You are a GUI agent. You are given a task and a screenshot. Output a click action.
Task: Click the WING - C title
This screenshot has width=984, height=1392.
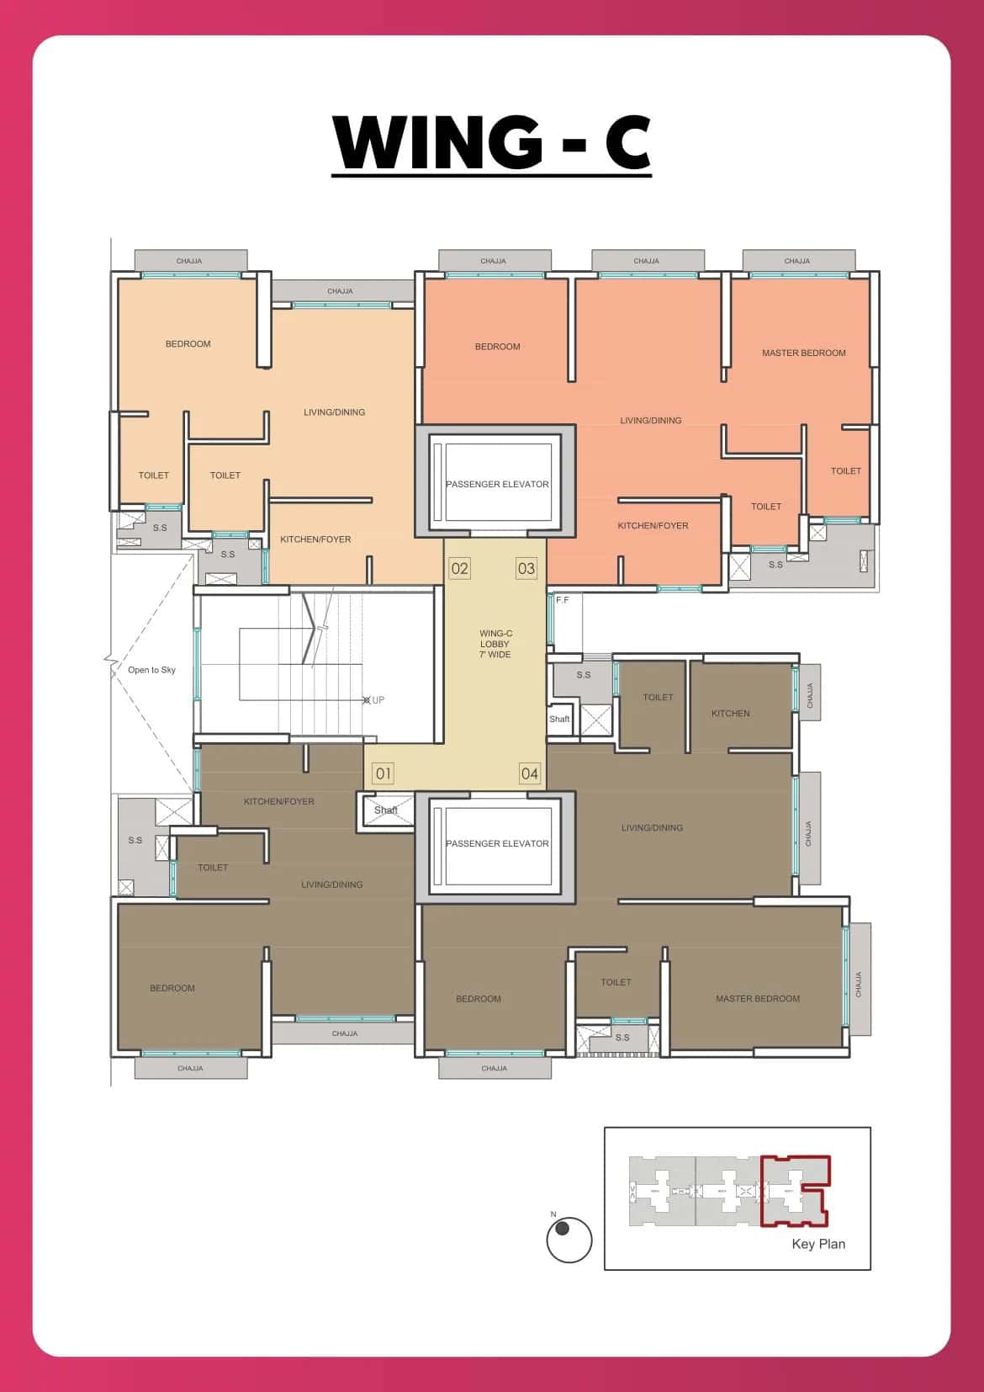pos(492,143)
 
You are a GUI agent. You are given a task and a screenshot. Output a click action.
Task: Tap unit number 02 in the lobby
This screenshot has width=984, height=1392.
pos(459,568)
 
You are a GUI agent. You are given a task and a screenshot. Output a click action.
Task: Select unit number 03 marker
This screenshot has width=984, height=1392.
pos(526,568)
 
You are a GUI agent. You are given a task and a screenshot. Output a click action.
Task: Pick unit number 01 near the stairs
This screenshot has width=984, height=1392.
pos(383,773)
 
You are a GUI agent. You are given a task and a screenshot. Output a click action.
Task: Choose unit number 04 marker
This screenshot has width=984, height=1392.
pos(529,773)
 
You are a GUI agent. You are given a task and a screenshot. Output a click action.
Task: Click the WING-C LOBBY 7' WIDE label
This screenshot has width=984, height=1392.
pos(495,644)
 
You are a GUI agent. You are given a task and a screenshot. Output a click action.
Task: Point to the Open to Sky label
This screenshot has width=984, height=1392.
pos(151,670)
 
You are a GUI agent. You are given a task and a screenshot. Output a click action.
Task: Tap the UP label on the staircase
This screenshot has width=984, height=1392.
pos(378,700)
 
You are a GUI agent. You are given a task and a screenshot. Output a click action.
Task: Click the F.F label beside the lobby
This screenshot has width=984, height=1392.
pos(562,600)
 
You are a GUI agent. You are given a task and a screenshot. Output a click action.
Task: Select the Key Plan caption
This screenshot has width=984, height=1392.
pos(818,1244)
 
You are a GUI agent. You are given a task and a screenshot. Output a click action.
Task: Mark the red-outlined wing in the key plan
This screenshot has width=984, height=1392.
pos(795,1191)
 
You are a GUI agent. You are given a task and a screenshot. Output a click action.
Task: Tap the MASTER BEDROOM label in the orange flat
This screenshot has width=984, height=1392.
pos(803,353)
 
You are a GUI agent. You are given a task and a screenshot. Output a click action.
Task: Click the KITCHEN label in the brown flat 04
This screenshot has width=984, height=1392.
pos(730,713)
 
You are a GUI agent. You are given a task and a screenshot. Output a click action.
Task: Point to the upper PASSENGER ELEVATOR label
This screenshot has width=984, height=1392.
pos(497,484)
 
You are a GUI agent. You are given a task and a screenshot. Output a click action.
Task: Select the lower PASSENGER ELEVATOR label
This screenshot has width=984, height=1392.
pos(497,843)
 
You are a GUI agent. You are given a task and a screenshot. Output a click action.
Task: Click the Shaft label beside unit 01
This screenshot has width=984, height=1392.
pos(386,810)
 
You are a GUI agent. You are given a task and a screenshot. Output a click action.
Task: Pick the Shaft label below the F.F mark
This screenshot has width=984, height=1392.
pos(559,719)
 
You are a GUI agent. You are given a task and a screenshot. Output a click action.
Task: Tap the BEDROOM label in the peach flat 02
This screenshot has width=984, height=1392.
pos(188,344)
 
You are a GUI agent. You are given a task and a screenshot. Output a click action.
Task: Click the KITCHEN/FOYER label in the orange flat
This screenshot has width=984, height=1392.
pos(653,525)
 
